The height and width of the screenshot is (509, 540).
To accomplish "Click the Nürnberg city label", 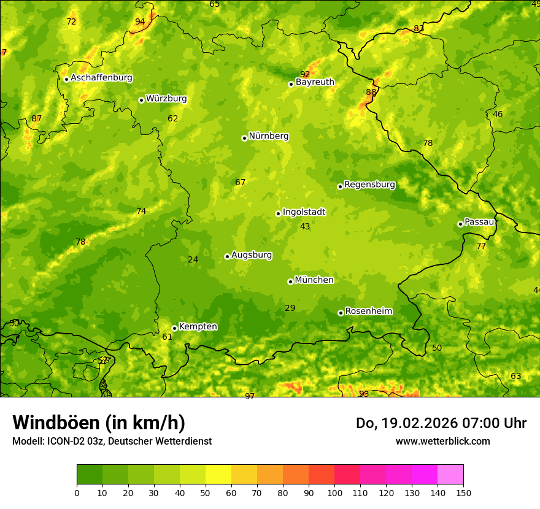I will click(x=268, y=136).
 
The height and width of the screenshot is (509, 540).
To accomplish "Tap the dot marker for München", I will click(x=290, y=281).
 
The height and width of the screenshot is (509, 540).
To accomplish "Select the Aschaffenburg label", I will click(x=101, y=78).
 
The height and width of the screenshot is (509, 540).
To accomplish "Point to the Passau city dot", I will click(x=460, y=224).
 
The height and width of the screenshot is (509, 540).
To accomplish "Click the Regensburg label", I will click(x=369, y=185).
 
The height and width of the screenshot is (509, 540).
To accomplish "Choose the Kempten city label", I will click(x=198, y=327).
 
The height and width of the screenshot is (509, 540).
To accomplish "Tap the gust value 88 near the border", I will click(x=371, y=93).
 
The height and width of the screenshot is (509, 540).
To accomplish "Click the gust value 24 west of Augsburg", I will click(x=193, y=260).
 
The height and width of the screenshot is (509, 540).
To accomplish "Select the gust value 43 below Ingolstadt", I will click(x=305, y=227).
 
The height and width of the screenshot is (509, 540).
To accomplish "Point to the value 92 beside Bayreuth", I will click(x=305, y=75).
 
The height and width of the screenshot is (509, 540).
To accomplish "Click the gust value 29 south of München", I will click(x=290, y=308).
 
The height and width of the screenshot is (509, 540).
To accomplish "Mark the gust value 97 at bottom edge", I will click(x=250, y=397).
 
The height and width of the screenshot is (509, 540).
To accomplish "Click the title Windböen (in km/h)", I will click(x=99, y=423).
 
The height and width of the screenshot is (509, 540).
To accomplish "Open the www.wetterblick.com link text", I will click(x=442, y=442).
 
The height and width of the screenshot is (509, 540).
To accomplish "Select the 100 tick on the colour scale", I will click(x=334, y=492).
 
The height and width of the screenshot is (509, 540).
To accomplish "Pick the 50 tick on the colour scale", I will click(x=206, y=492).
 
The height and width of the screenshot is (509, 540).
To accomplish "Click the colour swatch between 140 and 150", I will click(x=450, y=475).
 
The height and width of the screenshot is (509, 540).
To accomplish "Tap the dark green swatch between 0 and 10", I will click(x=90, y=475).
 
